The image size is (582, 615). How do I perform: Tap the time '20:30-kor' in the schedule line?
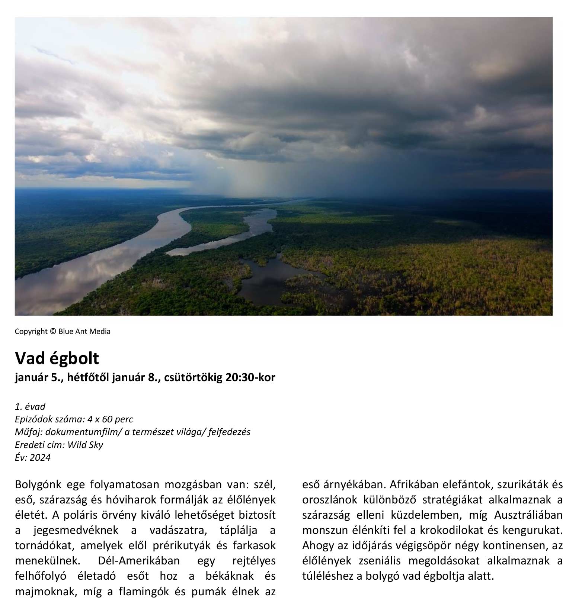[250, 377]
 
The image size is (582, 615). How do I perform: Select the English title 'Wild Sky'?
[85, 445]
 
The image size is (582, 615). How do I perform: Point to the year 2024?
[40, 457]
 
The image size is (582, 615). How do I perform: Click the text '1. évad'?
[30, 406]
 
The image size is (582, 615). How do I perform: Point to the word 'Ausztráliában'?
[528, 515]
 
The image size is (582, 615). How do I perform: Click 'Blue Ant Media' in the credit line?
[84, 331]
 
